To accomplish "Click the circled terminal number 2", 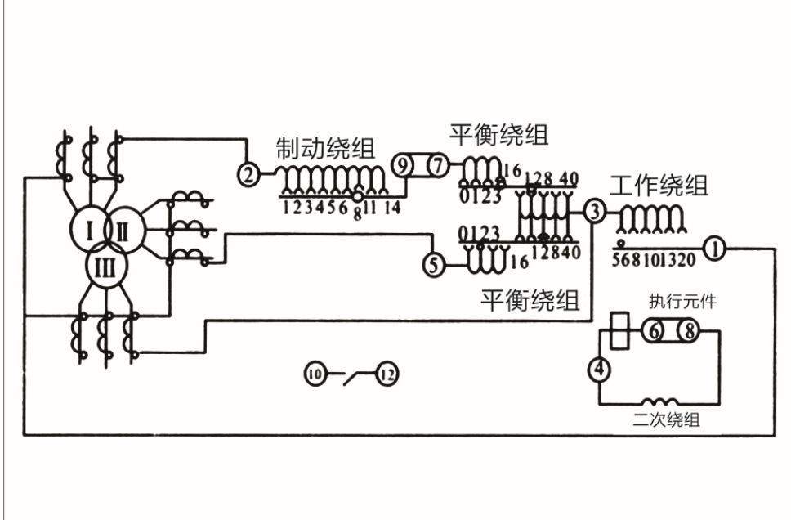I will [x=248, y=173].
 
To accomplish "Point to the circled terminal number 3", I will [x=595, y=212].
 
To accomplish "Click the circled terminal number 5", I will [x=434, y=263].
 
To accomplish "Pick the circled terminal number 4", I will [x=600, y=370].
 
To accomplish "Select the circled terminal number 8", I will [x=688, y=331].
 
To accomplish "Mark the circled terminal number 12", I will [x=387, y=375].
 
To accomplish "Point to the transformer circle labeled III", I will [x=104, y=268].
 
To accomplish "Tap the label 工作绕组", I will [x=659, y=186].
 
